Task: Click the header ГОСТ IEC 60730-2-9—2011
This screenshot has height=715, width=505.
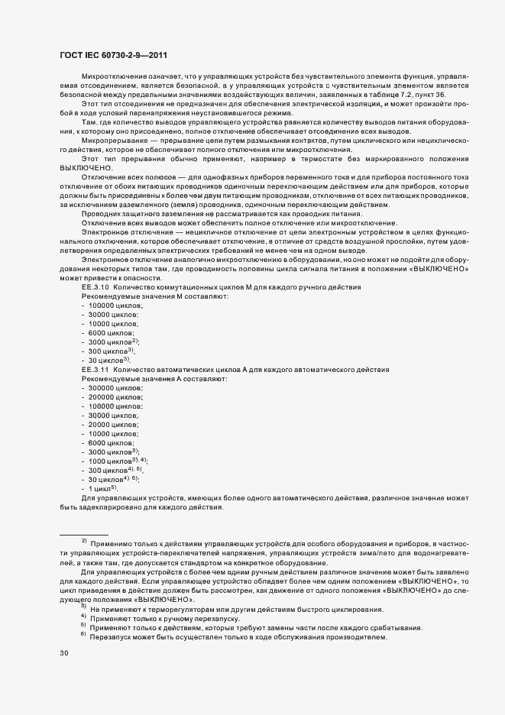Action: pos(113,55)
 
